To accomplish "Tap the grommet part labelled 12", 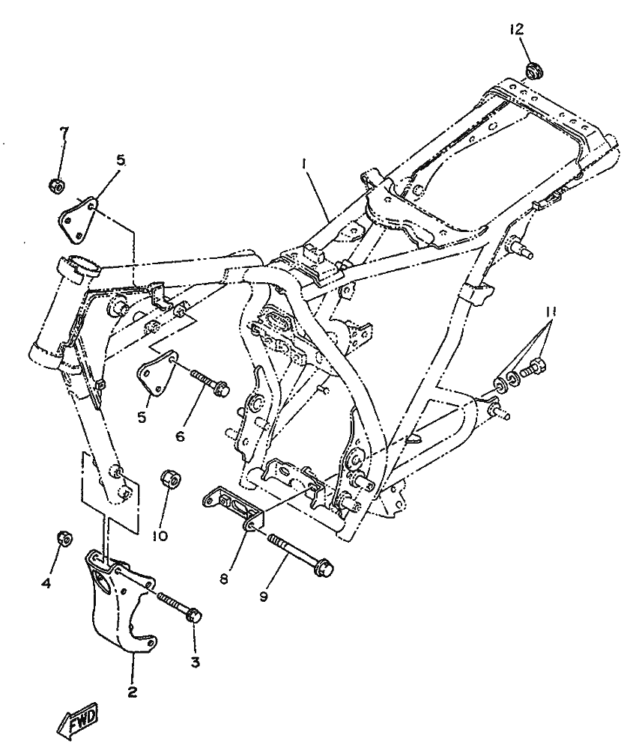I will click(533, 70).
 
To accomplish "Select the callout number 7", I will click(64, 133).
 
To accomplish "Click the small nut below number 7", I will click(55, 184).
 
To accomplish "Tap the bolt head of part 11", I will click(535, 368).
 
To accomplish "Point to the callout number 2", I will click(132, 692).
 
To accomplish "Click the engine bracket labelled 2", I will click(120, 599).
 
